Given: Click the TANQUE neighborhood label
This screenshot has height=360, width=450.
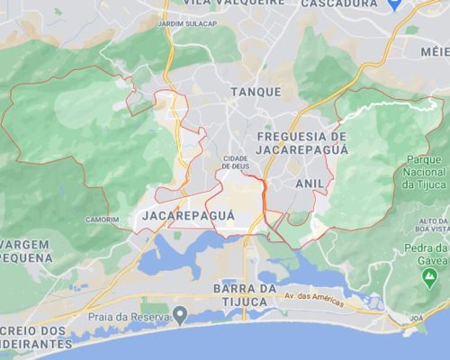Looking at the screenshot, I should (x=249, y=92).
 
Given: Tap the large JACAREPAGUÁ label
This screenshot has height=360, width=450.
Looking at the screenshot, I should (x=188, y=216).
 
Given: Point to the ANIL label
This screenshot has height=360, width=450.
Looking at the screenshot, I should (x=310, y=183).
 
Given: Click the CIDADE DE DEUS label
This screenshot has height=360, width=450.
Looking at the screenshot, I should (x=236, y=162).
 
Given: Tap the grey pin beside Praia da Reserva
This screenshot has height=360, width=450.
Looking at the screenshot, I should (x=181, y=315).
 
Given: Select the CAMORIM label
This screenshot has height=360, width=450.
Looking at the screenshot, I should (x=102, y=220).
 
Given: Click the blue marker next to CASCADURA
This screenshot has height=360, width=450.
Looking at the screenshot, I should (x=392, y=4).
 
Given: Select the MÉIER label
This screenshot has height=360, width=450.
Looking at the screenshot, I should (x=436, y=51).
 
